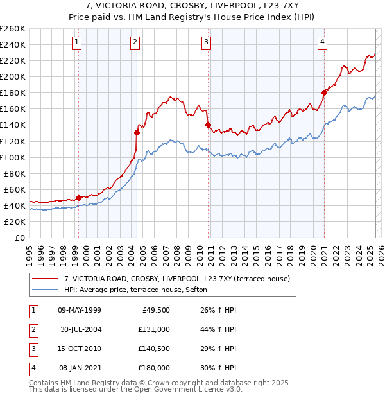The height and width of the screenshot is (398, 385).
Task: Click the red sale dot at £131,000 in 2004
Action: click(137, 132)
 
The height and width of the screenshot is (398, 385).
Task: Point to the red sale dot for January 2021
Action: click(324, 93)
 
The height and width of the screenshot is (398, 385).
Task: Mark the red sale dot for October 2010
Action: click(209, 125)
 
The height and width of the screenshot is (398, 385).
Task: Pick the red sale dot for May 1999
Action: click(78, 198)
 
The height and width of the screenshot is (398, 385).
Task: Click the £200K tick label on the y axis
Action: click(13, 76)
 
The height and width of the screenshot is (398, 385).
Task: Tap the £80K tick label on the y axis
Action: click(15, 173)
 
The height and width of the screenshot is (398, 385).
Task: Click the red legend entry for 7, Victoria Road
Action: click(177, 279)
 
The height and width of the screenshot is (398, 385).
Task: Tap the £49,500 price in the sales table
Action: click(155, 310)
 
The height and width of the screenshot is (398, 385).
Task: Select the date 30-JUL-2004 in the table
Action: click(80, 329)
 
